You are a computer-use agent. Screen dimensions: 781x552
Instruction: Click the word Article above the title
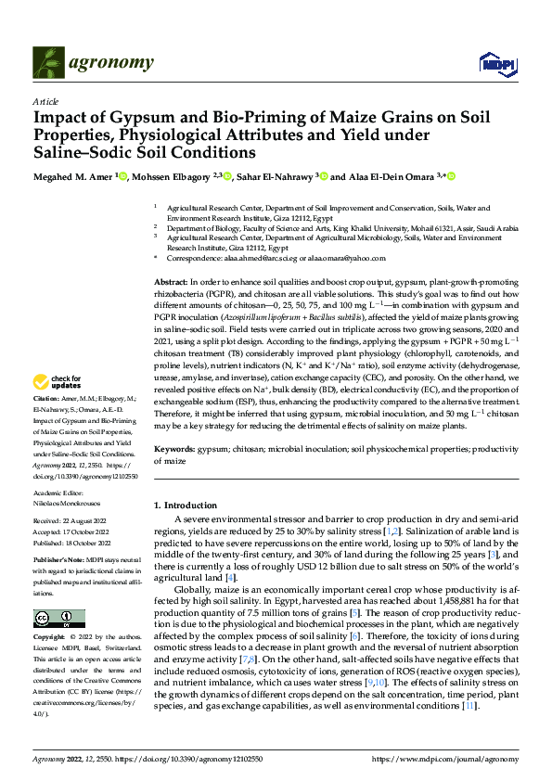(45, 102)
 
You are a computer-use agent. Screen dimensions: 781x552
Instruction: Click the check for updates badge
(58, 381)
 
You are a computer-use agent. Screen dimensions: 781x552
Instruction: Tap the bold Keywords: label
(174, 449)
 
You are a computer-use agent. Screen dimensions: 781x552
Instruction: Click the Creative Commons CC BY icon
(58, 618)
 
